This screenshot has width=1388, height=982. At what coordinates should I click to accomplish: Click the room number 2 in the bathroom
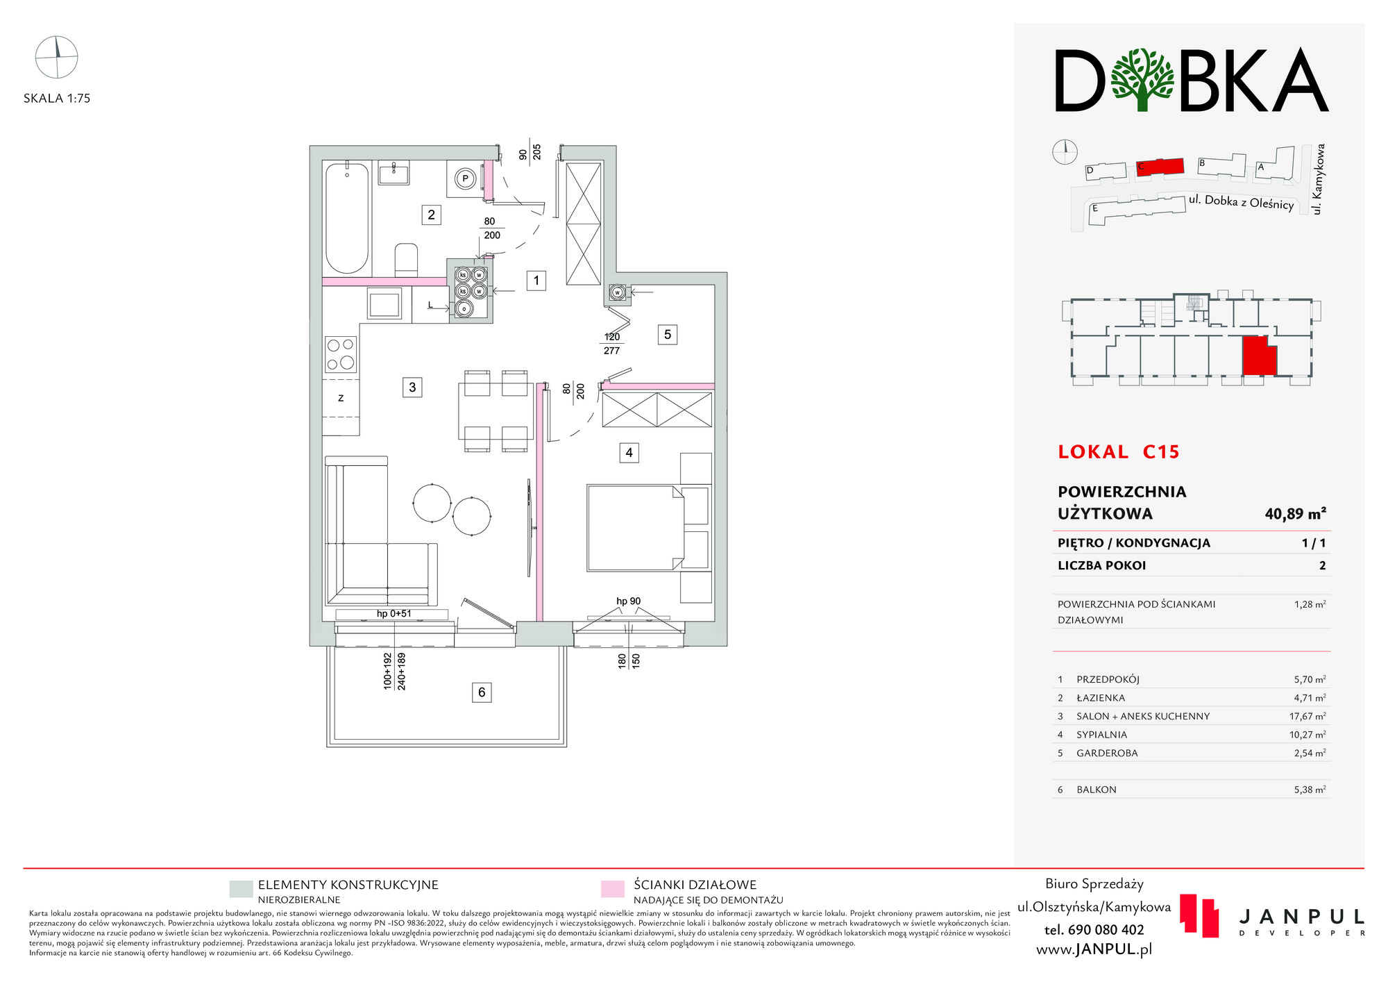tap(431, 215)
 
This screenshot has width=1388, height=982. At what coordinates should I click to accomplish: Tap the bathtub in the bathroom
tap(347, 218)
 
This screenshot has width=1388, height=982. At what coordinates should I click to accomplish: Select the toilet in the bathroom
tap(406, 260)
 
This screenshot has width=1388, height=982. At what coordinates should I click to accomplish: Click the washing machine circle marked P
tap(465, 179)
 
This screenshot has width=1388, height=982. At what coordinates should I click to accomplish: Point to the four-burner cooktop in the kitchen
tap(340, 354)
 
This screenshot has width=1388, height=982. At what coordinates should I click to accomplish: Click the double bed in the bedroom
tap(636, 529)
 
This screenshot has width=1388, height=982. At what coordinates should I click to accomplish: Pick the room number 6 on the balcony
tap(482, 692)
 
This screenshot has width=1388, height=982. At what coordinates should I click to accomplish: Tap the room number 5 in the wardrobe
tap(667, 335)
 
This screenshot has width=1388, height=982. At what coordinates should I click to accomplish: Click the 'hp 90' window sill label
tap(628, 601)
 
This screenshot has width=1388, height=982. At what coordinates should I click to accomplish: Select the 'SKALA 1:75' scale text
tap(57, 99)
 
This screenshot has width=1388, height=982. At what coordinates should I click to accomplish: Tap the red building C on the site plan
tap(1160, 167)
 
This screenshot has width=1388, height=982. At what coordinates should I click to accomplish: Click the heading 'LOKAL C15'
tap(1118, 452)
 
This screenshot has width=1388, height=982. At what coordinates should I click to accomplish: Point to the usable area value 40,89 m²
tap(1295, 514)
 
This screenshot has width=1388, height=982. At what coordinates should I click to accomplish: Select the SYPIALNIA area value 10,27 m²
tap(1310, 735)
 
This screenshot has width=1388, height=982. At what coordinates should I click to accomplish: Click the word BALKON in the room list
tap(1097, 790)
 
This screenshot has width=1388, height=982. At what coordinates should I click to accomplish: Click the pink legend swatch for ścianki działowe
tap(612, 890)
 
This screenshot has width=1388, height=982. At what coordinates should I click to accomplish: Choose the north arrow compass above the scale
tap(57, 57)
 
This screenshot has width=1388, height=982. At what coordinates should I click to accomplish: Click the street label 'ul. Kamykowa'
tap(1319, 179)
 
